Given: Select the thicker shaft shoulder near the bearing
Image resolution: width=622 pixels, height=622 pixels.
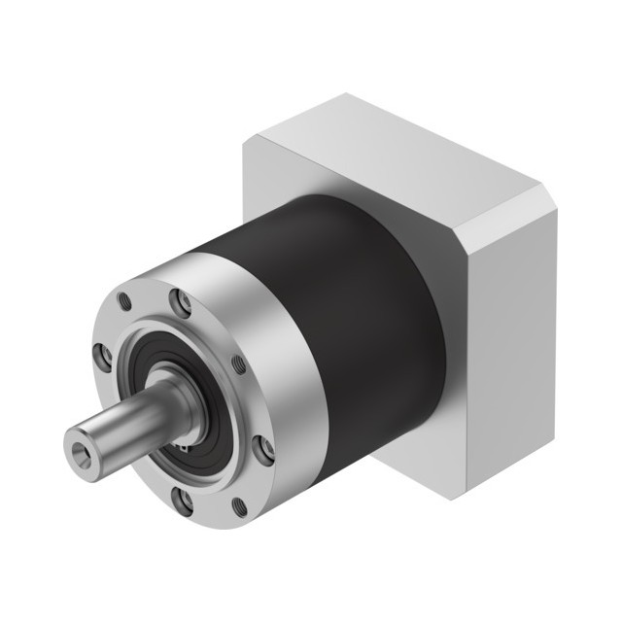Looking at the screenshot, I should pyautogui.click(x=175, y=398).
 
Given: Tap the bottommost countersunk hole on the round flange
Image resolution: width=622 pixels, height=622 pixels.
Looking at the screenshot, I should pyautogui.click(x=182, y=500).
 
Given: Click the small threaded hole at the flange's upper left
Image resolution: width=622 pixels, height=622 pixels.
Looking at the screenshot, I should pyautogui.click(x=123, y=302).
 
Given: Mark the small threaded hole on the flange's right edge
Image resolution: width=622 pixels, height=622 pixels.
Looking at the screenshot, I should pyautogui.click(x=238, y=364).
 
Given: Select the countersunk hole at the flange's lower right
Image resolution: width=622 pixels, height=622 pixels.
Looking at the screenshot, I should pyautogui.click(x=262, y=448).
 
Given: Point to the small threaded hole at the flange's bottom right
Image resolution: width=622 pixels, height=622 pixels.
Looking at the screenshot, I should pyautogui.click(x=240, y=506).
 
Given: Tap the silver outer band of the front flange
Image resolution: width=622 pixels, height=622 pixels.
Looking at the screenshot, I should pyautogui.click(x=282, y=369).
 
